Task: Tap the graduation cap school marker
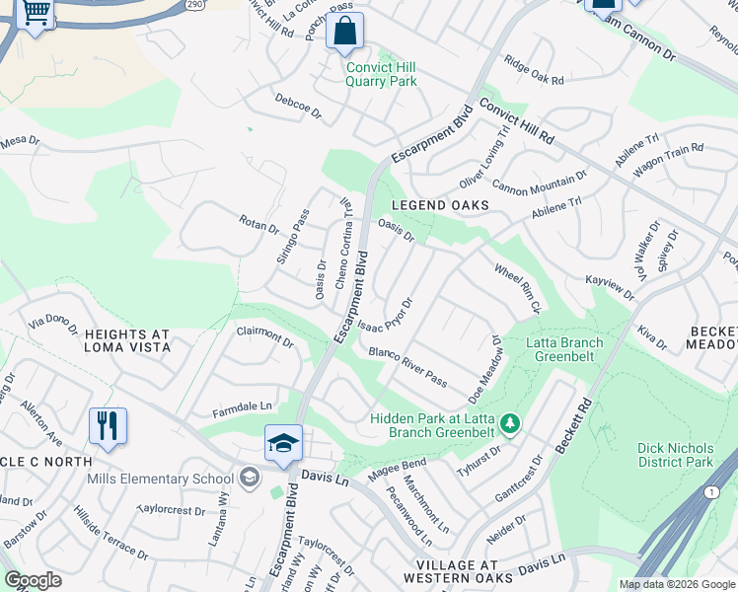coord(283,444)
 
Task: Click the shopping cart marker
coord(36,14)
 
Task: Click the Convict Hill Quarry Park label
coord(381,74)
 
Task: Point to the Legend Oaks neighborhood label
coord(440,204)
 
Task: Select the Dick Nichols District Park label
coord(675,455)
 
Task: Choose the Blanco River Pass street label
coord(407,367)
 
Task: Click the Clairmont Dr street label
coord(264,338)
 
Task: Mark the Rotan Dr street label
coord(259,226)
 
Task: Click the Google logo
coord(34,580)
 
